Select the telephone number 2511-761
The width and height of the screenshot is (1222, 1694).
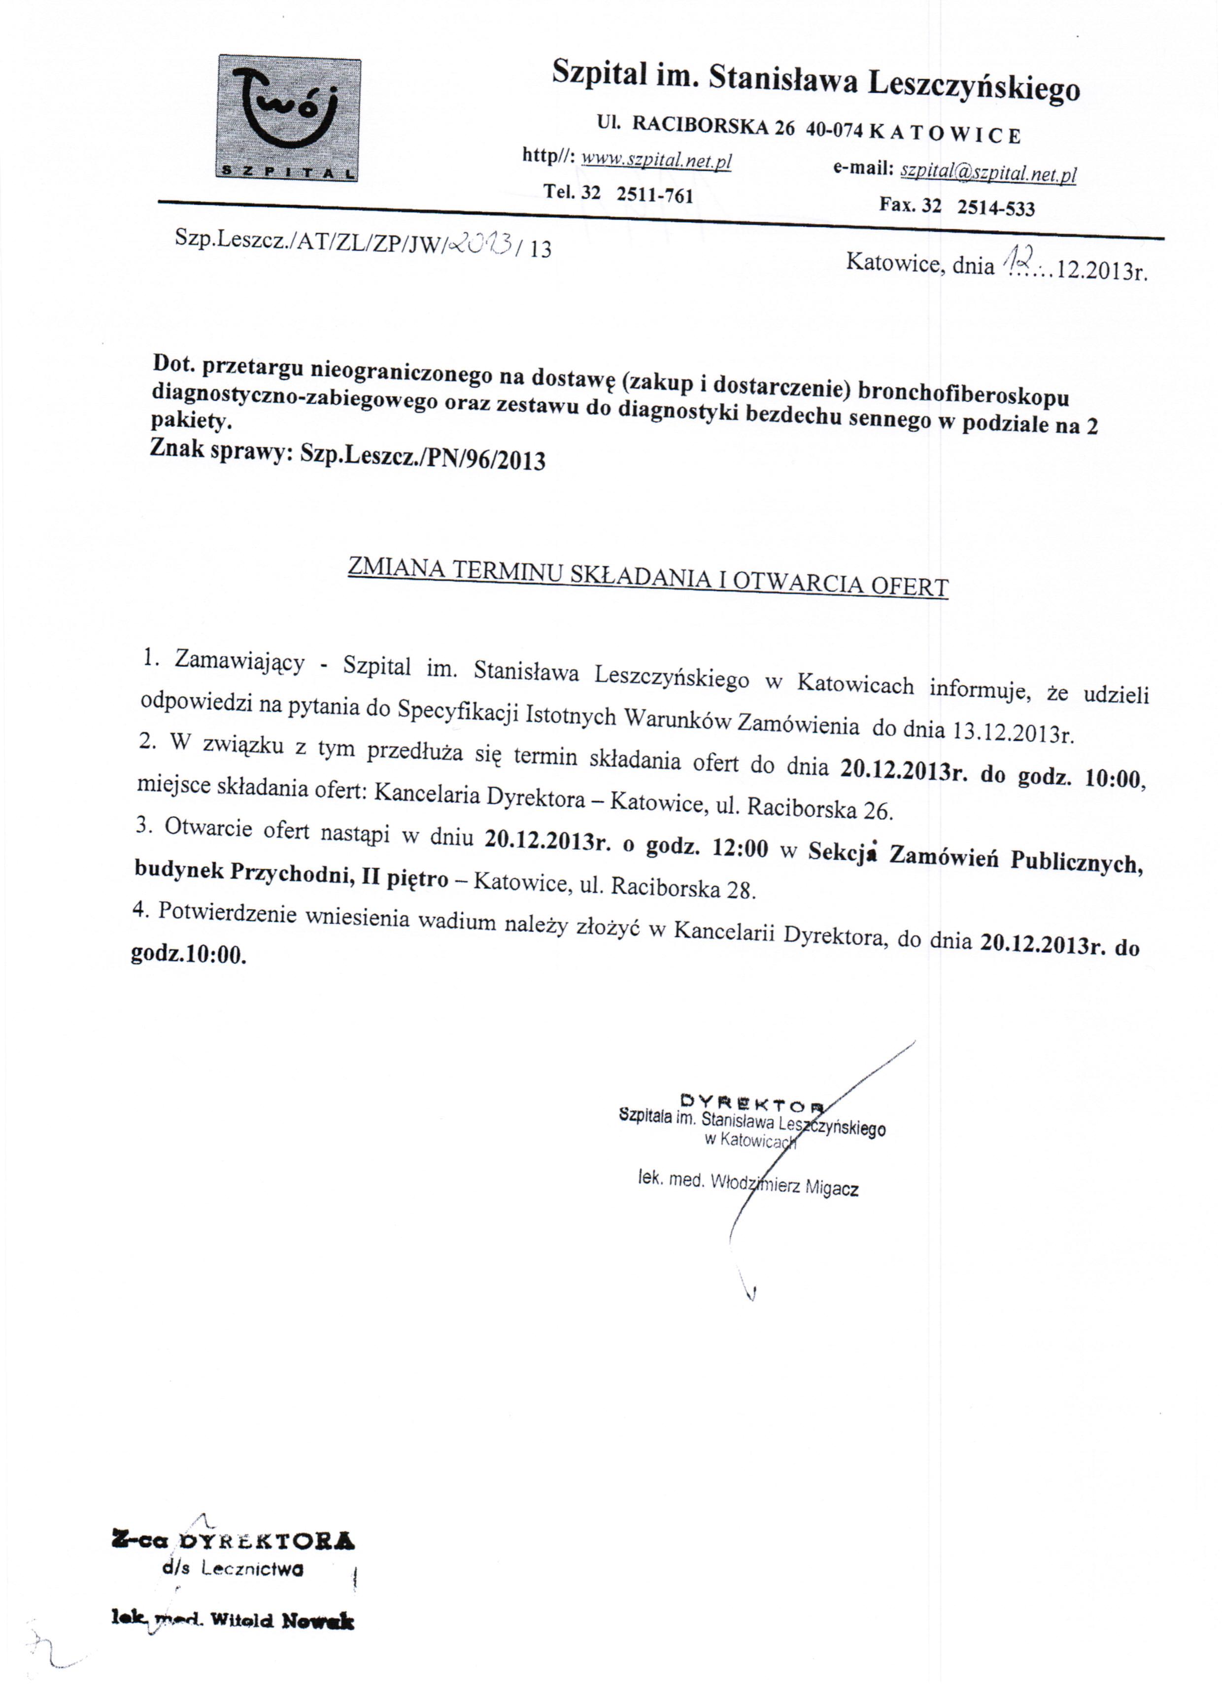coord(655,195)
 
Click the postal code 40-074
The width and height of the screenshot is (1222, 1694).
coord(834,131)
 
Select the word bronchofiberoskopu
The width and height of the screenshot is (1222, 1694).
coord(964,394)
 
